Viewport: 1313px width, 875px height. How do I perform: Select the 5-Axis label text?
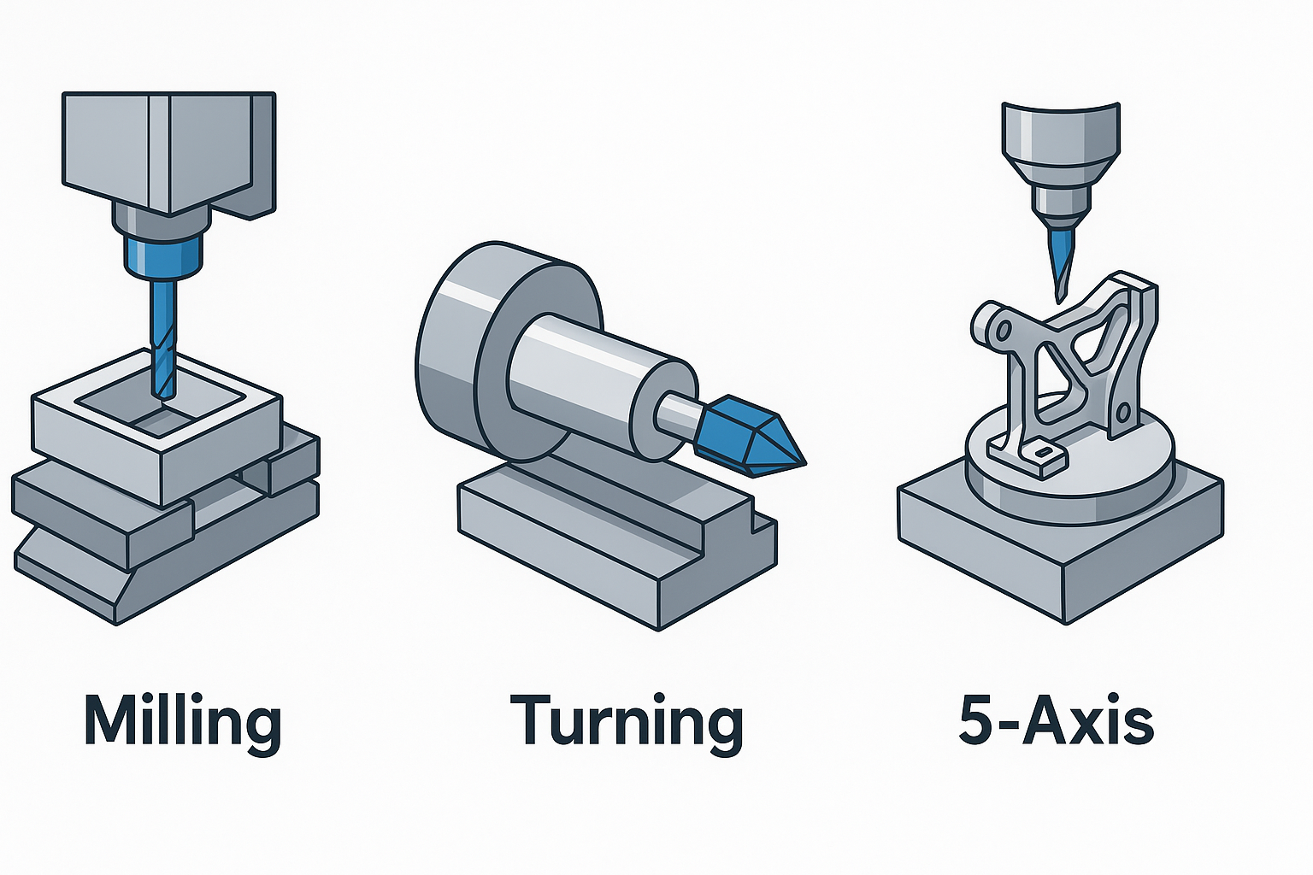click(x=1057, y=722)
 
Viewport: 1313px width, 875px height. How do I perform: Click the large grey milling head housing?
click(x=168, y=156)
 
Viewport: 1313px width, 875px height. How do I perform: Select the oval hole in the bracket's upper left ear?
click(x=1001, y=329)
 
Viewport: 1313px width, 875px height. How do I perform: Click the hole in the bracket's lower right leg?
click(x=1123, y=414)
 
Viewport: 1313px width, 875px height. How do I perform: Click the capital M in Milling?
click(x=111, y=720)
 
